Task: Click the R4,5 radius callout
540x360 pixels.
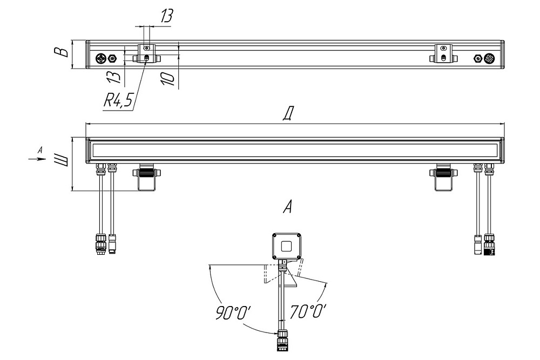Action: (118, 101)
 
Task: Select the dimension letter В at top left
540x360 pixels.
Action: (60, 52)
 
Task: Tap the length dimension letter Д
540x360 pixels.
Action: (288, 114)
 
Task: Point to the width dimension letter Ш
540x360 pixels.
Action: (62, 161)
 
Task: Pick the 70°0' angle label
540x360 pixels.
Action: (308, 311)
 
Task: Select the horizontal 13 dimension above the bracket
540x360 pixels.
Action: (166, 16)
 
